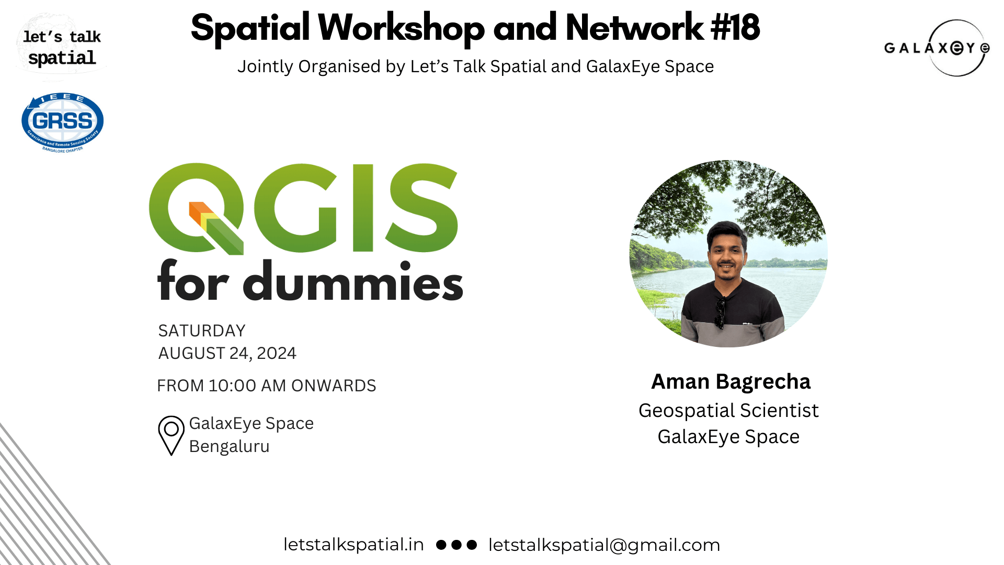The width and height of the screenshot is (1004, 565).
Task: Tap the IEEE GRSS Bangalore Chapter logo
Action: (62, 122)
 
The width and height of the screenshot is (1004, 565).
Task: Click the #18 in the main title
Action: (735, 28)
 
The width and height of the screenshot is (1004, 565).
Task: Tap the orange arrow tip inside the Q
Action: (196, 210)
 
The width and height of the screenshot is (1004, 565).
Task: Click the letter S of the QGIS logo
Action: (423, 208)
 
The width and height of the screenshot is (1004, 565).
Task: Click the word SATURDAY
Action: (202, 331)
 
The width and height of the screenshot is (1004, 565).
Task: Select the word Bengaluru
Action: (229, 447)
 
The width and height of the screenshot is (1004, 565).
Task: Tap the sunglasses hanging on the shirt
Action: (721, 312)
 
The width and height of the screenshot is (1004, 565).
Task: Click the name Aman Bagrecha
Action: (731, 382)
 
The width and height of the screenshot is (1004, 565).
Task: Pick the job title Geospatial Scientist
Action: (728, 411)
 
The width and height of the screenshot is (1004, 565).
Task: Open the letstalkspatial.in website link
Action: (353, 545)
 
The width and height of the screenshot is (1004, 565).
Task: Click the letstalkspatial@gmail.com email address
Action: (604, 545)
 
